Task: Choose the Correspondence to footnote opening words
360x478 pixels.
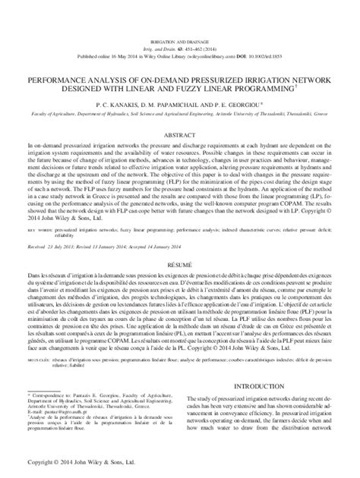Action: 53,397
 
